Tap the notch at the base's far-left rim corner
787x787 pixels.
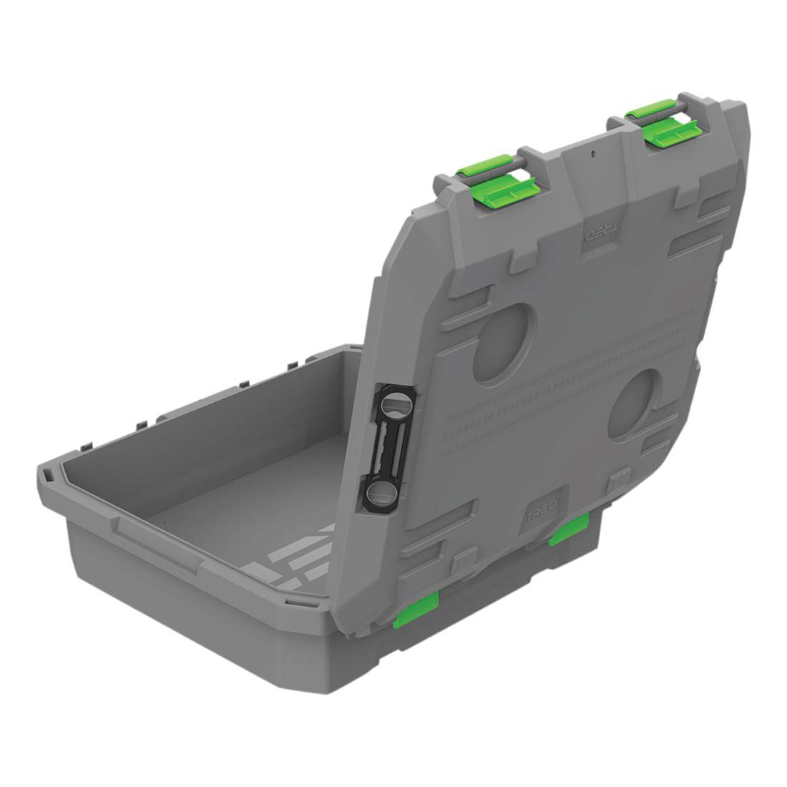coord(46,474)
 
